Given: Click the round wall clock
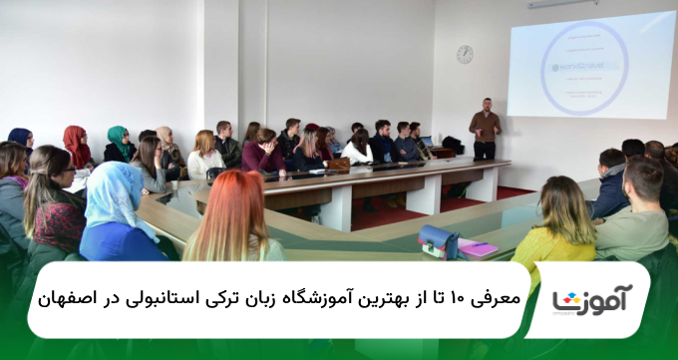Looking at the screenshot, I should pyautogui.click(x=465, y=55).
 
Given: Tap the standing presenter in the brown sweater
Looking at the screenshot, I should pyautogui.click(x=485, y=129).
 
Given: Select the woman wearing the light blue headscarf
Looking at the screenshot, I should pyautogui.click(x=120, y=214).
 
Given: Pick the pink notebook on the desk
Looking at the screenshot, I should pyautogui.click(x=477, y=248).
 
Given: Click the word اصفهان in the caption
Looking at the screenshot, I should pyautogui.click(x=73, y=299).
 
